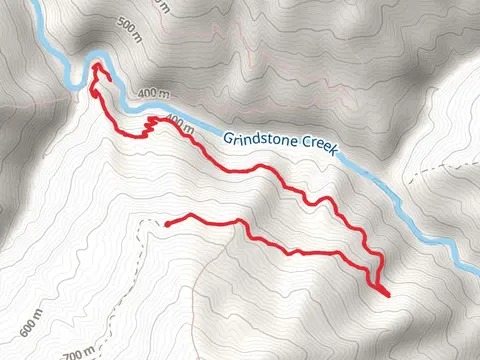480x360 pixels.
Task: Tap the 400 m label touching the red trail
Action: pyautogui.click(x=179, y=125)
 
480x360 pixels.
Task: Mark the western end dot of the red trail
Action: pyautogui.click(x=167, y=223)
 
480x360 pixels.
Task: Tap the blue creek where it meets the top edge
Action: pyautogui.click(x=36, y=3)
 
